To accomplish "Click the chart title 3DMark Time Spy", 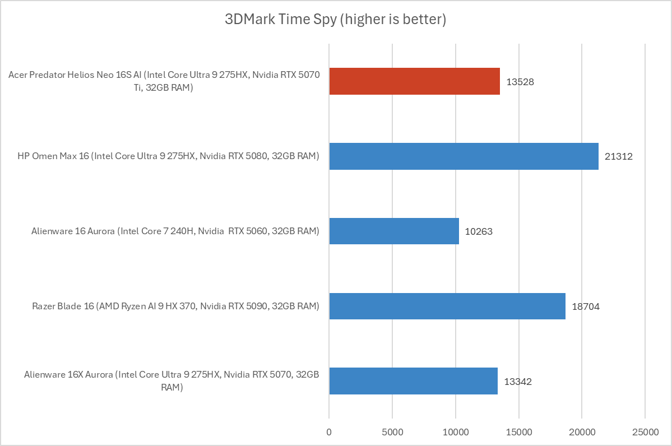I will tap(335, 20).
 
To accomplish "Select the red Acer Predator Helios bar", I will tap(414, 81).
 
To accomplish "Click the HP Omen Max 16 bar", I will tap(464, 156).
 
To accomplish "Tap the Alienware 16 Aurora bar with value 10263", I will tap(394, 231).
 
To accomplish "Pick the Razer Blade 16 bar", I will tap(447, 306).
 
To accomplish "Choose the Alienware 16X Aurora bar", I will tap(413, 382).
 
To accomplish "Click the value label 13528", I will tap(520, 82).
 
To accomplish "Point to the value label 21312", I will tap(618, 157).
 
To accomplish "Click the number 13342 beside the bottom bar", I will tap(518, 382).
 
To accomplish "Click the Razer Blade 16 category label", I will tap(175, 306).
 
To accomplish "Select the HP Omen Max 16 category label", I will tap(168, 156).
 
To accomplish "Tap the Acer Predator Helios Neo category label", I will tap(164, 81).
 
